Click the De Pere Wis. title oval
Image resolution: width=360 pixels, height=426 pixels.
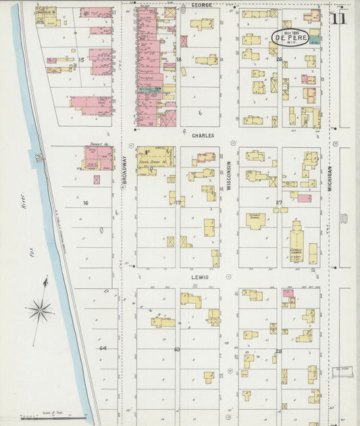[290, 38]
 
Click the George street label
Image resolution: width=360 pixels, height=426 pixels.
[201, 5]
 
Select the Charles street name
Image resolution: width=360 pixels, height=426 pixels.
[203, 136]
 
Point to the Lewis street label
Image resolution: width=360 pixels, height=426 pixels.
[199, 277]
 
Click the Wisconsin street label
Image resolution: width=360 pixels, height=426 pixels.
[230, 176]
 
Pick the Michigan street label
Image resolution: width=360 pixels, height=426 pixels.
[331, 180]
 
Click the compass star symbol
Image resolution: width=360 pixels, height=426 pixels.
[42, 311]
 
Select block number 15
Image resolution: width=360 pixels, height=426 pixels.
[81, 60]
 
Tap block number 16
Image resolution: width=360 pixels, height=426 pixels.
[86, 203]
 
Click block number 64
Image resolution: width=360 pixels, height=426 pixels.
[103, 348]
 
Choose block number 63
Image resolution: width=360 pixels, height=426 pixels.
[177, 350]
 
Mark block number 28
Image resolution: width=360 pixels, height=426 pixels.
[278, 352]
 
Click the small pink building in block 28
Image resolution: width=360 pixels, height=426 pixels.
[288, 294]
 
